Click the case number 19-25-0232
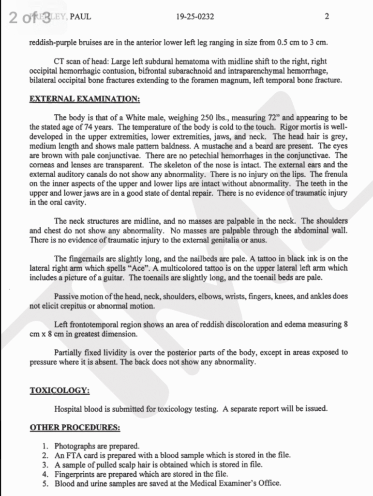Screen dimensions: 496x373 point(196,17)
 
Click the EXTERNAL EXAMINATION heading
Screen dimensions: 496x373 point(85,99)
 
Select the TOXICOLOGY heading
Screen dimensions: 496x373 point(59,390)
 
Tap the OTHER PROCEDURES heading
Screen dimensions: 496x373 point(75,428)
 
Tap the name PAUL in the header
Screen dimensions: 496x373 point(80,17)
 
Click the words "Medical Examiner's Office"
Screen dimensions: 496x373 point(237,483)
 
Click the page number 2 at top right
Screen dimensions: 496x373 point(327,17)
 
